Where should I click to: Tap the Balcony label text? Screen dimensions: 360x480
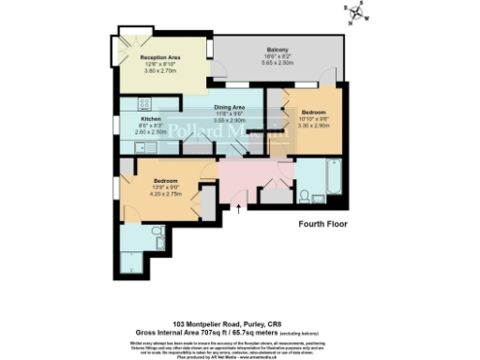[277, 50]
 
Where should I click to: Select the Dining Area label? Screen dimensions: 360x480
[230, 108]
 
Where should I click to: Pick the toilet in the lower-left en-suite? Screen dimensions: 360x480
[157, 231]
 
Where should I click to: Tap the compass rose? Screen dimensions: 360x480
[356, 15]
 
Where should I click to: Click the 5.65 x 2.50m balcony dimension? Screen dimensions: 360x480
[277, 63]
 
